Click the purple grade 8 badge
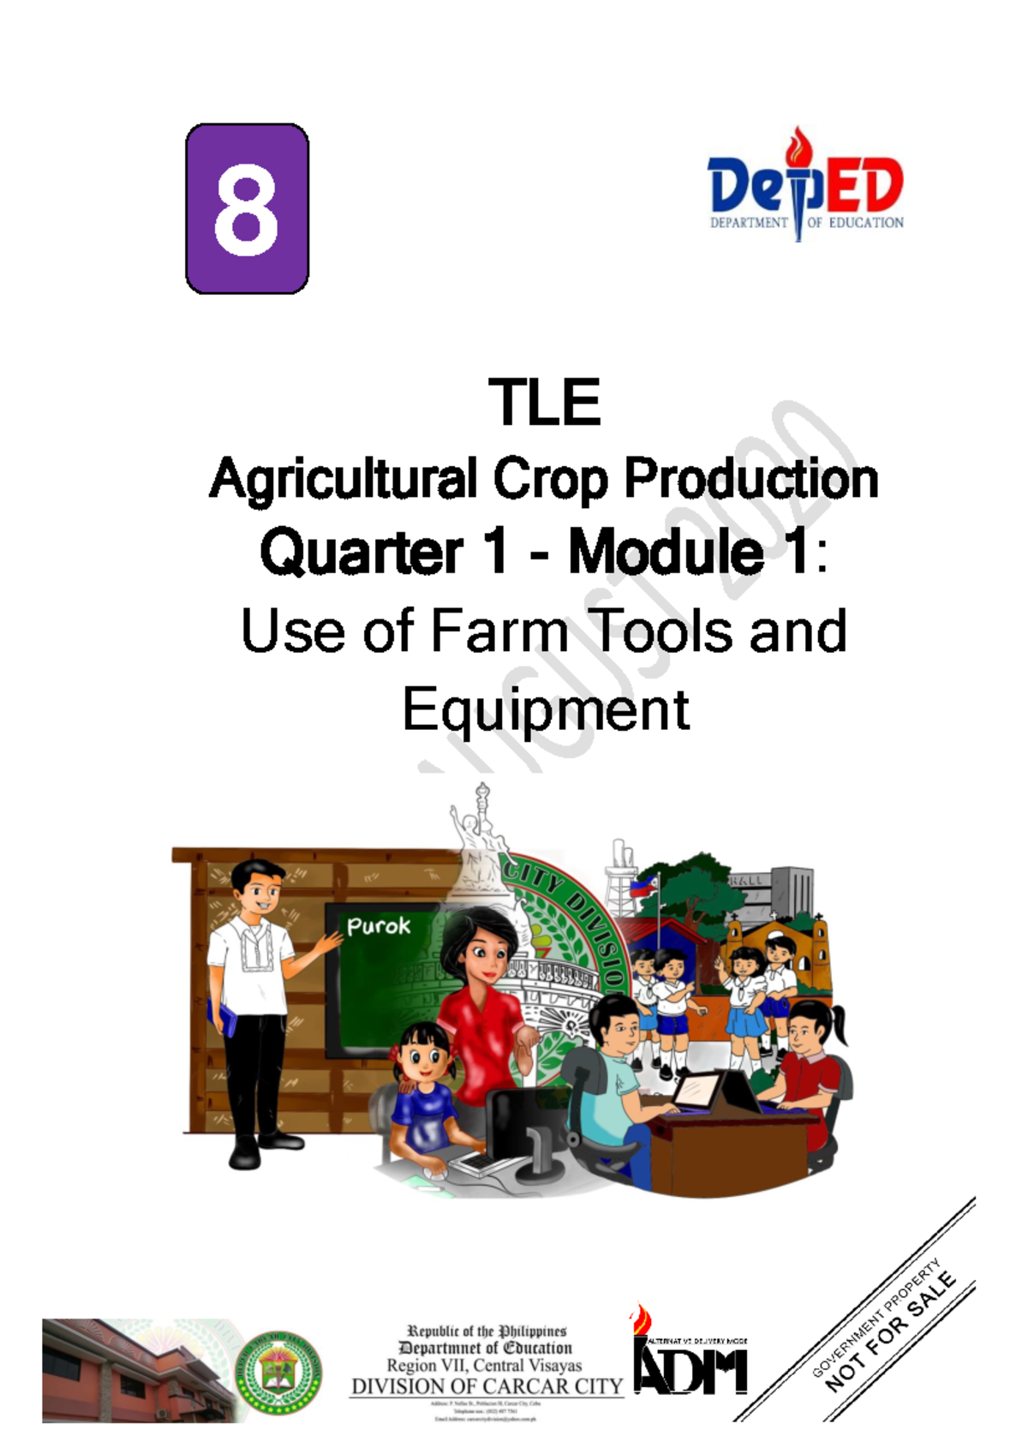pyautogui.click(x=247, y=208)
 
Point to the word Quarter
pyautogui.click(x=362, y=553)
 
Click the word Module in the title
pyautogui.click(x=666, y=553)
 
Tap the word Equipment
pyautogui.click(x=546, y=709)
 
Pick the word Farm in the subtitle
pyautogui.click(x=499, y=631)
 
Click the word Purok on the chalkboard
pyautogui.click(x=378, y=926)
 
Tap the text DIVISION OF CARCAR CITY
pyautogui.click(x=487, y=1386)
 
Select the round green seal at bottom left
pyautogui.click(x=278, y=1371)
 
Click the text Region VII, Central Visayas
pyautogui.click(x=484, y=1366)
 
